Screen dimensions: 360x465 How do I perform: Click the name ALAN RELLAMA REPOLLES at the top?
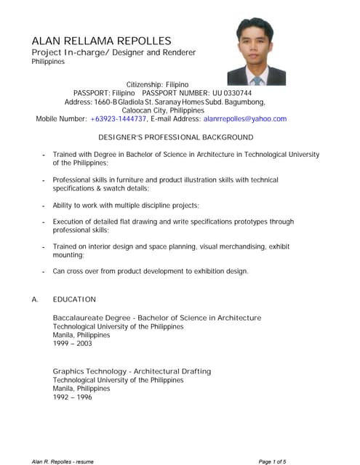point(101,40)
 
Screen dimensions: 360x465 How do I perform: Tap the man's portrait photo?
point(256,52)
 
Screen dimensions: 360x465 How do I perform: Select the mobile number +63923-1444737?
point(119,118)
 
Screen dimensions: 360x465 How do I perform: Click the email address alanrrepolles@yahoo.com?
point(245,118)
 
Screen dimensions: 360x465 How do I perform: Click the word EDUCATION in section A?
point(74,299)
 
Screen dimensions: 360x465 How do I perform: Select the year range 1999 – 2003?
point(73,344)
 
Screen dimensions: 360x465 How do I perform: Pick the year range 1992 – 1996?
point(73,397)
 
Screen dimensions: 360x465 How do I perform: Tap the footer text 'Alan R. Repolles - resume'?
point(63,461)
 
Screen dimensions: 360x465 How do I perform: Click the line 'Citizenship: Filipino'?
point(158,84)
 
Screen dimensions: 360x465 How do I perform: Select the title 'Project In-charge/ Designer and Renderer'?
point(113,53)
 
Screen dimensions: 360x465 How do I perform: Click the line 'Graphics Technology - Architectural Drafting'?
point(132,371)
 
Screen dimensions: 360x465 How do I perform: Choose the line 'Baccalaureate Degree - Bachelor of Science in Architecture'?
point(156,318)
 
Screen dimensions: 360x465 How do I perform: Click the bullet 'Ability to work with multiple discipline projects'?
point(126,206)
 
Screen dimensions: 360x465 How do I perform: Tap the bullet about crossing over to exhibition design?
point(151,271)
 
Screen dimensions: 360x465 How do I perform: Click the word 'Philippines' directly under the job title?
point(48,62)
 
